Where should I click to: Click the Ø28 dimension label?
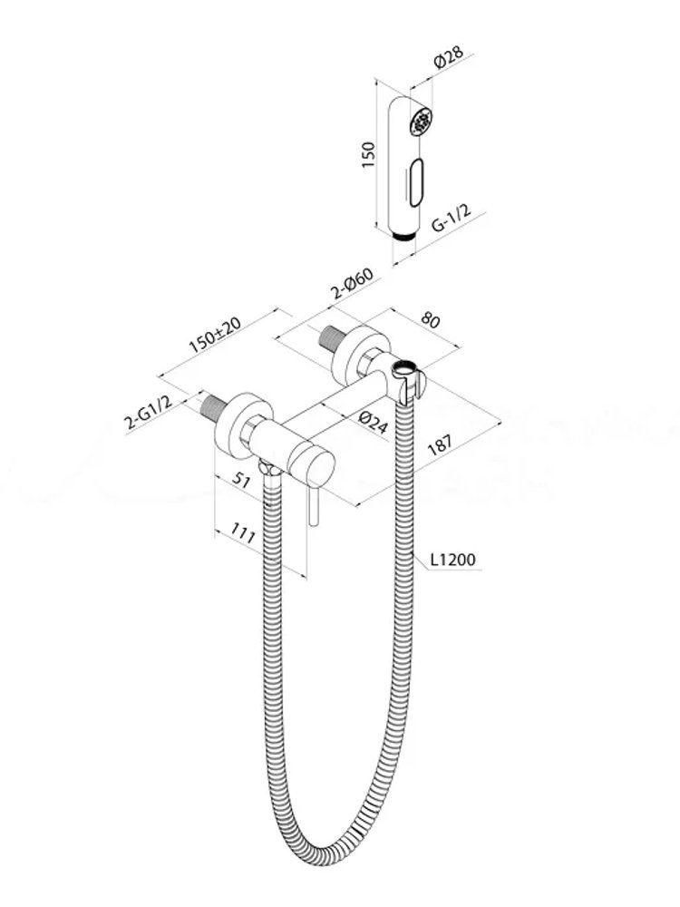(449, 58)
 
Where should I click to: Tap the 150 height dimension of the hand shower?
(368, 154)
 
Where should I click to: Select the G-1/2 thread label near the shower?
(451, 217)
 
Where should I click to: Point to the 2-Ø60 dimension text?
(353, 283)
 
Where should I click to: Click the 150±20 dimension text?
(215, 335)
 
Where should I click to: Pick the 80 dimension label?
(431, 319)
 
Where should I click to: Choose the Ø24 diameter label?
(372, 423)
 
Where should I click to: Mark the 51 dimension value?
(241, 479)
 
